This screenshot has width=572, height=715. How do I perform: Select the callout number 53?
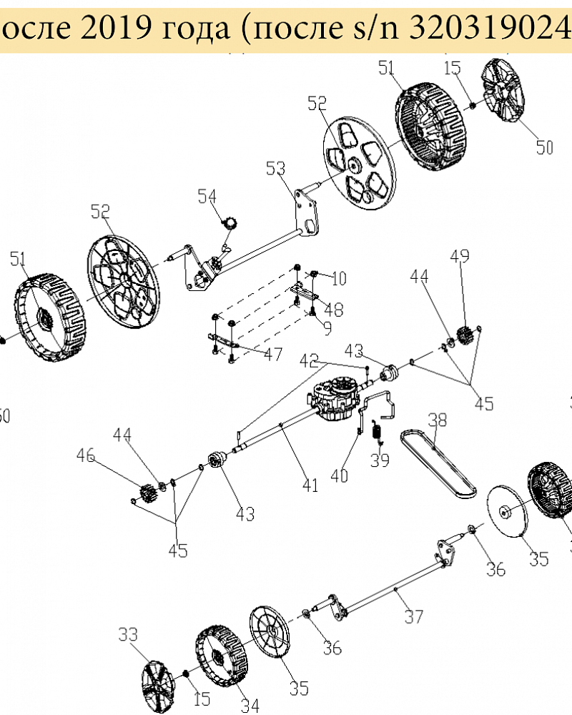coord(275,169)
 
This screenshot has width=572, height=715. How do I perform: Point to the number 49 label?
coord(459,257)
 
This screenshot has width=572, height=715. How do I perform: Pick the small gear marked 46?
coord(149,493)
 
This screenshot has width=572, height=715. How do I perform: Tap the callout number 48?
coord(333,310)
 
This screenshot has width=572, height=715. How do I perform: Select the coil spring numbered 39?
coord(378,432)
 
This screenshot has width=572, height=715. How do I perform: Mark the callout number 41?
coord(309,485)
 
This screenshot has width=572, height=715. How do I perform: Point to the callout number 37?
coord(414,616)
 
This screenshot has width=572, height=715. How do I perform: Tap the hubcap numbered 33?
coord(159,685)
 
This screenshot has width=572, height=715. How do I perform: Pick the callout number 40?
coord(340,475)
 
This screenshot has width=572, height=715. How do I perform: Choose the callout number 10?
coord(338,277)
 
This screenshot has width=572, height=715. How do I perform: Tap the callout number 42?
coord(309,360)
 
